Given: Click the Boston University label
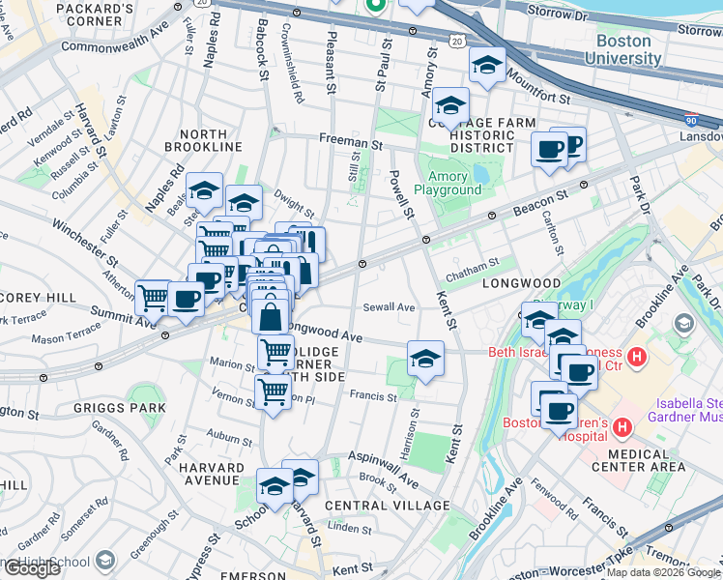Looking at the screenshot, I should (x=628, y=49).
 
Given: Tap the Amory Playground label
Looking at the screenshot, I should (x=448, y=183).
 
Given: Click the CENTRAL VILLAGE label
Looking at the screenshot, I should (x=388, y=506).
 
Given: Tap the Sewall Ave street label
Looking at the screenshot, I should (x=389, y=307).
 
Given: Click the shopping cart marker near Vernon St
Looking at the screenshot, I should (x=274, y=392).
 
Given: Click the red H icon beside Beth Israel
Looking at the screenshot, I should (x=636, y=358).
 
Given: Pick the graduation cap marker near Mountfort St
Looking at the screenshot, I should (x=487, y=65).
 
